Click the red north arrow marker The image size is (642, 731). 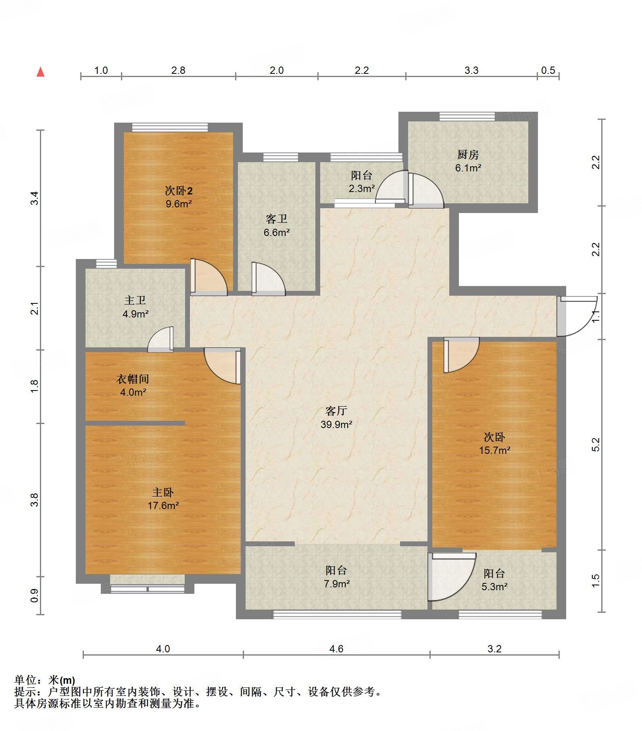[x=40, y=72]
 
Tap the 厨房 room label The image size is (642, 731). [x=468, y=155]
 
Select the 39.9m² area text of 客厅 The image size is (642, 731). [x=336, y=424]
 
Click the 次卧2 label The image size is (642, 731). [x=179, y=190]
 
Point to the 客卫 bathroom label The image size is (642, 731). [x=277, y=219]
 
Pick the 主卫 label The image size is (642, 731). [x=135, y=301]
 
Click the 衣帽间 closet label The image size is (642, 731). [x=133, y=379]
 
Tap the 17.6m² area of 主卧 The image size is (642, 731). [x=163, y=505]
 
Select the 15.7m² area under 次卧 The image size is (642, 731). [x=494, y=450]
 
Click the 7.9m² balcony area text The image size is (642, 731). [x=336, y=583]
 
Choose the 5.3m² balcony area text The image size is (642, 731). [x=494, y=587]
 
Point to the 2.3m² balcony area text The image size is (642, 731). [x=362, y=188]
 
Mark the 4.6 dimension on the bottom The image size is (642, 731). [x=336, y=649]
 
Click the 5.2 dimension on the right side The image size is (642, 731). [x=596, y=444]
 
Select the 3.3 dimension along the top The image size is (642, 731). [x=471, y=70]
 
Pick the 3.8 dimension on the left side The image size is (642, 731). [x=35, y=500]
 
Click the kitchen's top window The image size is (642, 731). [x=467, y=117]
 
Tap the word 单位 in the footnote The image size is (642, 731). [x=25, y=680]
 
